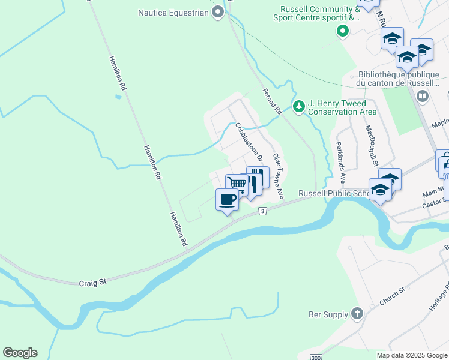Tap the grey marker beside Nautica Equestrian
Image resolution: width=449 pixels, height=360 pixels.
[218, 13]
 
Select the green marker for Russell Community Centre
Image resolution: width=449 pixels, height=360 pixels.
[343, 30]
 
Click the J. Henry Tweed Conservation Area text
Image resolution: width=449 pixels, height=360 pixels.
[342, 107]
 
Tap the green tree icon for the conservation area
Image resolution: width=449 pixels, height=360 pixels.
[298, 106]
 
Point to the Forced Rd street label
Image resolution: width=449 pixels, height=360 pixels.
[272, 101]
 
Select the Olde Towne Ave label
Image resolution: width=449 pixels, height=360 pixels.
[278, 176]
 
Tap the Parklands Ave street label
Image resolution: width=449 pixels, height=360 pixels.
[340, 162]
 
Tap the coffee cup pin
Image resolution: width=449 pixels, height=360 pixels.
[227, 199]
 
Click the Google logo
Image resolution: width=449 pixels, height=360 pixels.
[20, 353]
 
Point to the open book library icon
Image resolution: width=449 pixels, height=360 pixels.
[423, 96]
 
